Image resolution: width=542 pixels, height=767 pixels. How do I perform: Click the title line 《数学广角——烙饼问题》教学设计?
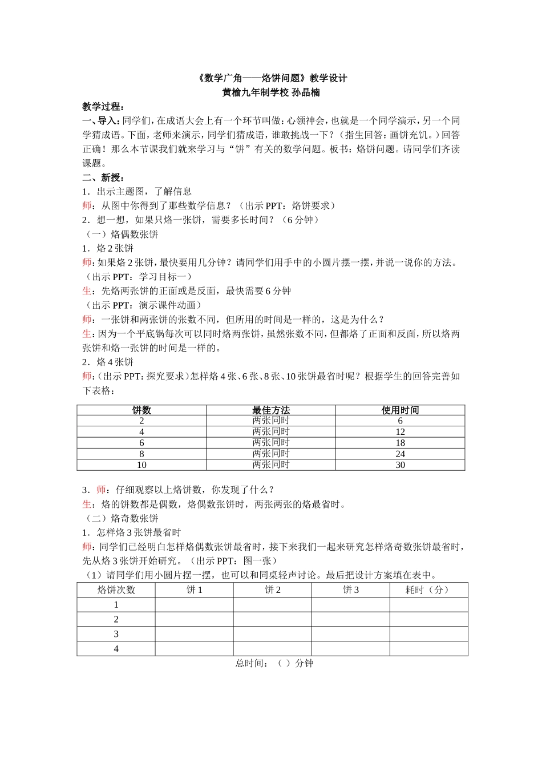point(271,78)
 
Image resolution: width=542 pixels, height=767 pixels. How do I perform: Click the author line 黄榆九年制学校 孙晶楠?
point(271,92)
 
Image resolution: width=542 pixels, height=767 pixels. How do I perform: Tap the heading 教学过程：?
point(103,107)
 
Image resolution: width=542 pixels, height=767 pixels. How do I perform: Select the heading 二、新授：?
point(103,177)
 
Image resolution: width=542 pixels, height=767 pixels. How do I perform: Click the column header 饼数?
point(141,410)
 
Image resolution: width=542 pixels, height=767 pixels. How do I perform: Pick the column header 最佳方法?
point(271,410)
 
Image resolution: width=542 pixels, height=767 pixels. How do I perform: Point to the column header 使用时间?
point(400,410)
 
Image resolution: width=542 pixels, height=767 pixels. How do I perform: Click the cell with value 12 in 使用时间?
point(400,432)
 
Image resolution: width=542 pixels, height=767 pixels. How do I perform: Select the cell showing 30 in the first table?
point(400,465)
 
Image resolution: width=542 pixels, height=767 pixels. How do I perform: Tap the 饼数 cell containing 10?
point(141,465)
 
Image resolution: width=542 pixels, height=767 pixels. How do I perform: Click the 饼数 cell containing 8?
point(141,454)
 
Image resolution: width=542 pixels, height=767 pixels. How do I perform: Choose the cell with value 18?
point(400,443)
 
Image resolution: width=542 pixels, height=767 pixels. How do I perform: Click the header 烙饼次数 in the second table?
point(116,590)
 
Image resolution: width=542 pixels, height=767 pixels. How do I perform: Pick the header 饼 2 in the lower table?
point(273,590)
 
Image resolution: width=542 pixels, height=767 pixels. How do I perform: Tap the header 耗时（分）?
point(428,590)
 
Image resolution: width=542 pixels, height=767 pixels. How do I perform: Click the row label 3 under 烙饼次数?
point(116,634)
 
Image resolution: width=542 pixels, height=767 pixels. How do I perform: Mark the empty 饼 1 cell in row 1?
point(195,605)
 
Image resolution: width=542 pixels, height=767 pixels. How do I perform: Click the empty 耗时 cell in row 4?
point(428,649)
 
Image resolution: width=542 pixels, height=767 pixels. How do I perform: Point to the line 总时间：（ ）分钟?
point(274,663)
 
